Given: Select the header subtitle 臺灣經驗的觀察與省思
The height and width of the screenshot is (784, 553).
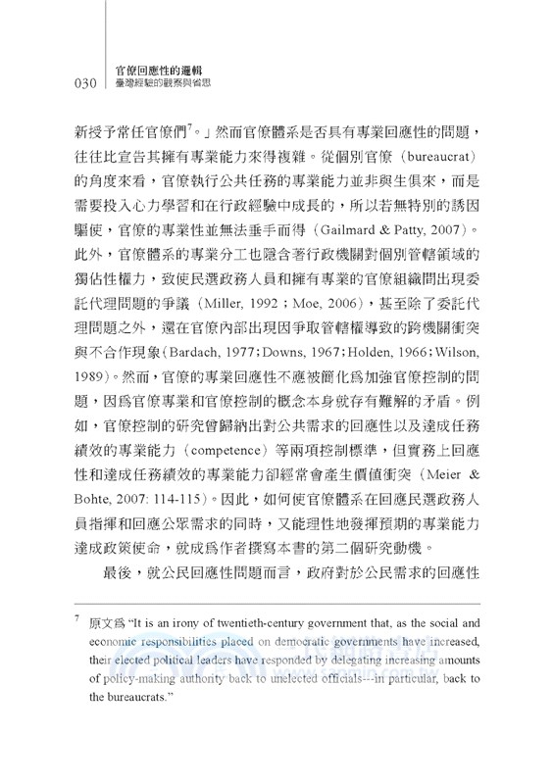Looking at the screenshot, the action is click(164, 86).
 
